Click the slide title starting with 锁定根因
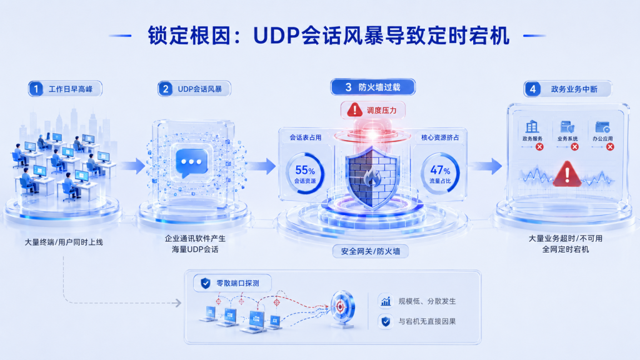click(329, 36)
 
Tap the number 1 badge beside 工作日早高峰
click(36, 89)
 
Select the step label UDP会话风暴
click(199, 89)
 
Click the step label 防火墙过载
click(379, 87)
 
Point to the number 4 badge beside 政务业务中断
click(532, 89)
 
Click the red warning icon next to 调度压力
click(354, 110)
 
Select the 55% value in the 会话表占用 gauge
click(305, 170)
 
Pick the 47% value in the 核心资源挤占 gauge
click(440, 170)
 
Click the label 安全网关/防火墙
click(370, 251)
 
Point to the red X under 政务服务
click(539, 147)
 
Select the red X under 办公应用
click(610, 147)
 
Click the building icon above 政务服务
click(532, 126)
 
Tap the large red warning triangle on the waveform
click(567, 174)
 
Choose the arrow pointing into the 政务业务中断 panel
click(485, 166)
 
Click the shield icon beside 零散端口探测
click(205, 283)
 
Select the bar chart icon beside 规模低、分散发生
click(386, 301)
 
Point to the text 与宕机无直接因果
click(427, 322)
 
